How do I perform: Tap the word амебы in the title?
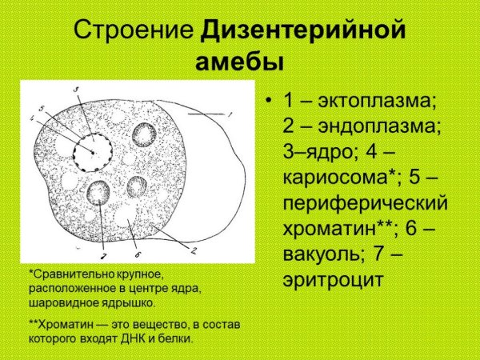[240, 62]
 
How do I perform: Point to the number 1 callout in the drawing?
[229, 115]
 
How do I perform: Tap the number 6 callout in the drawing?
[138, 254]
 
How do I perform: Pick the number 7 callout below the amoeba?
[102, 255]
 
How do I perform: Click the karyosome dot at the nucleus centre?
[94, 151]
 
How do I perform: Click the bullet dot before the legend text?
[269, 102]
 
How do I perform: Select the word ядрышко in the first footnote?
[131, 303]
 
